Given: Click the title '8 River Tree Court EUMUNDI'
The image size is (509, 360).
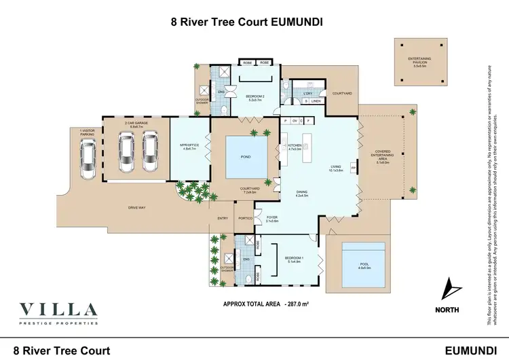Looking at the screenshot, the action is (246, 21).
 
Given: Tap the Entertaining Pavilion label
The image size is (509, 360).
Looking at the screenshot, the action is (423, 61).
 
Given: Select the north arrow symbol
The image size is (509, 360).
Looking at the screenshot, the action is (449, 291).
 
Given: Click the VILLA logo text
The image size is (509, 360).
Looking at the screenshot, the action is (58, 311).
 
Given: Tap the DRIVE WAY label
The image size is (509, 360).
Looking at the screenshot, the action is (138, 207).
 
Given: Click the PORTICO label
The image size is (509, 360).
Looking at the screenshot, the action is (246, 218).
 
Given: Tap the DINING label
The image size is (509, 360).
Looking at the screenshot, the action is (302, 194).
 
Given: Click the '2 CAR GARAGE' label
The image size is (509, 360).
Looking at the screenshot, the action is (134, 124).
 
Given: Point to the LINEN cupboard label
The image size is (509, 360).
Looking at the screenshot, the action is (316, 101).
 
